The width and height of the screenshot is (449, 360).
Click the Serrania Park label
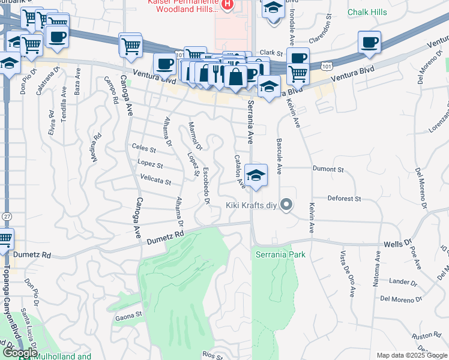280,254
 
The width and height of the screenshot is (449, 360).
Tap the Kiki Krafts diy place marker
286,205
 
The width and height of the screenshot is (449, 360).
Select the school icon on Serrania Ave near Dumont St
256,176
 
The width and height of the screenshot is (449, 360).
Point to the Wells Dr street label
397,244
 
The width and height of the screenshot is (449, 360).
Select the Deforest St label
344,198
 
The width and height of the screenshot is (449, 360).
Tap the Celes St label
144,149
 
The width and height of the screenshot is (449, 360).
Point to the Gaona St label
128,313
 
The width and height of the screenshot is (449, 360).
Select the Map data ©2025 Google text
412,355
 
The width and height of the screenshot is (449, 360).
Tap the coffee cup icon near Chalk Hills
369,42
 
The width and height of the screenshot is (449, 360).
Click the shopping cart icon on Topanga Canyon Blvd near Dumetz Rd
4,239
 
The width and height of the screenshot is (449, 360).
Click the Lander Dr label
402,281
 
